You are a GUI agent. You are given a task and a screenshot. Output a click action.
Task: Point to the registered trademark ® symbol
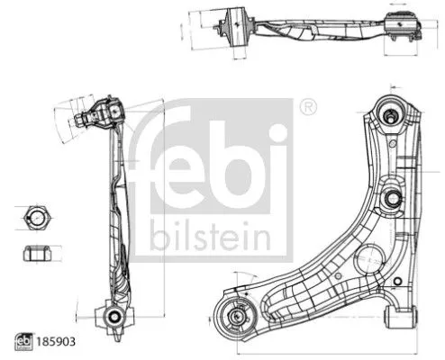tap(307, 106)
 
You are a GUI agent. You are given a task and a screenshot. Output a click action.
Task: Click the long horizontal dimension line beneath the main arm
tap(315, 349)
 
